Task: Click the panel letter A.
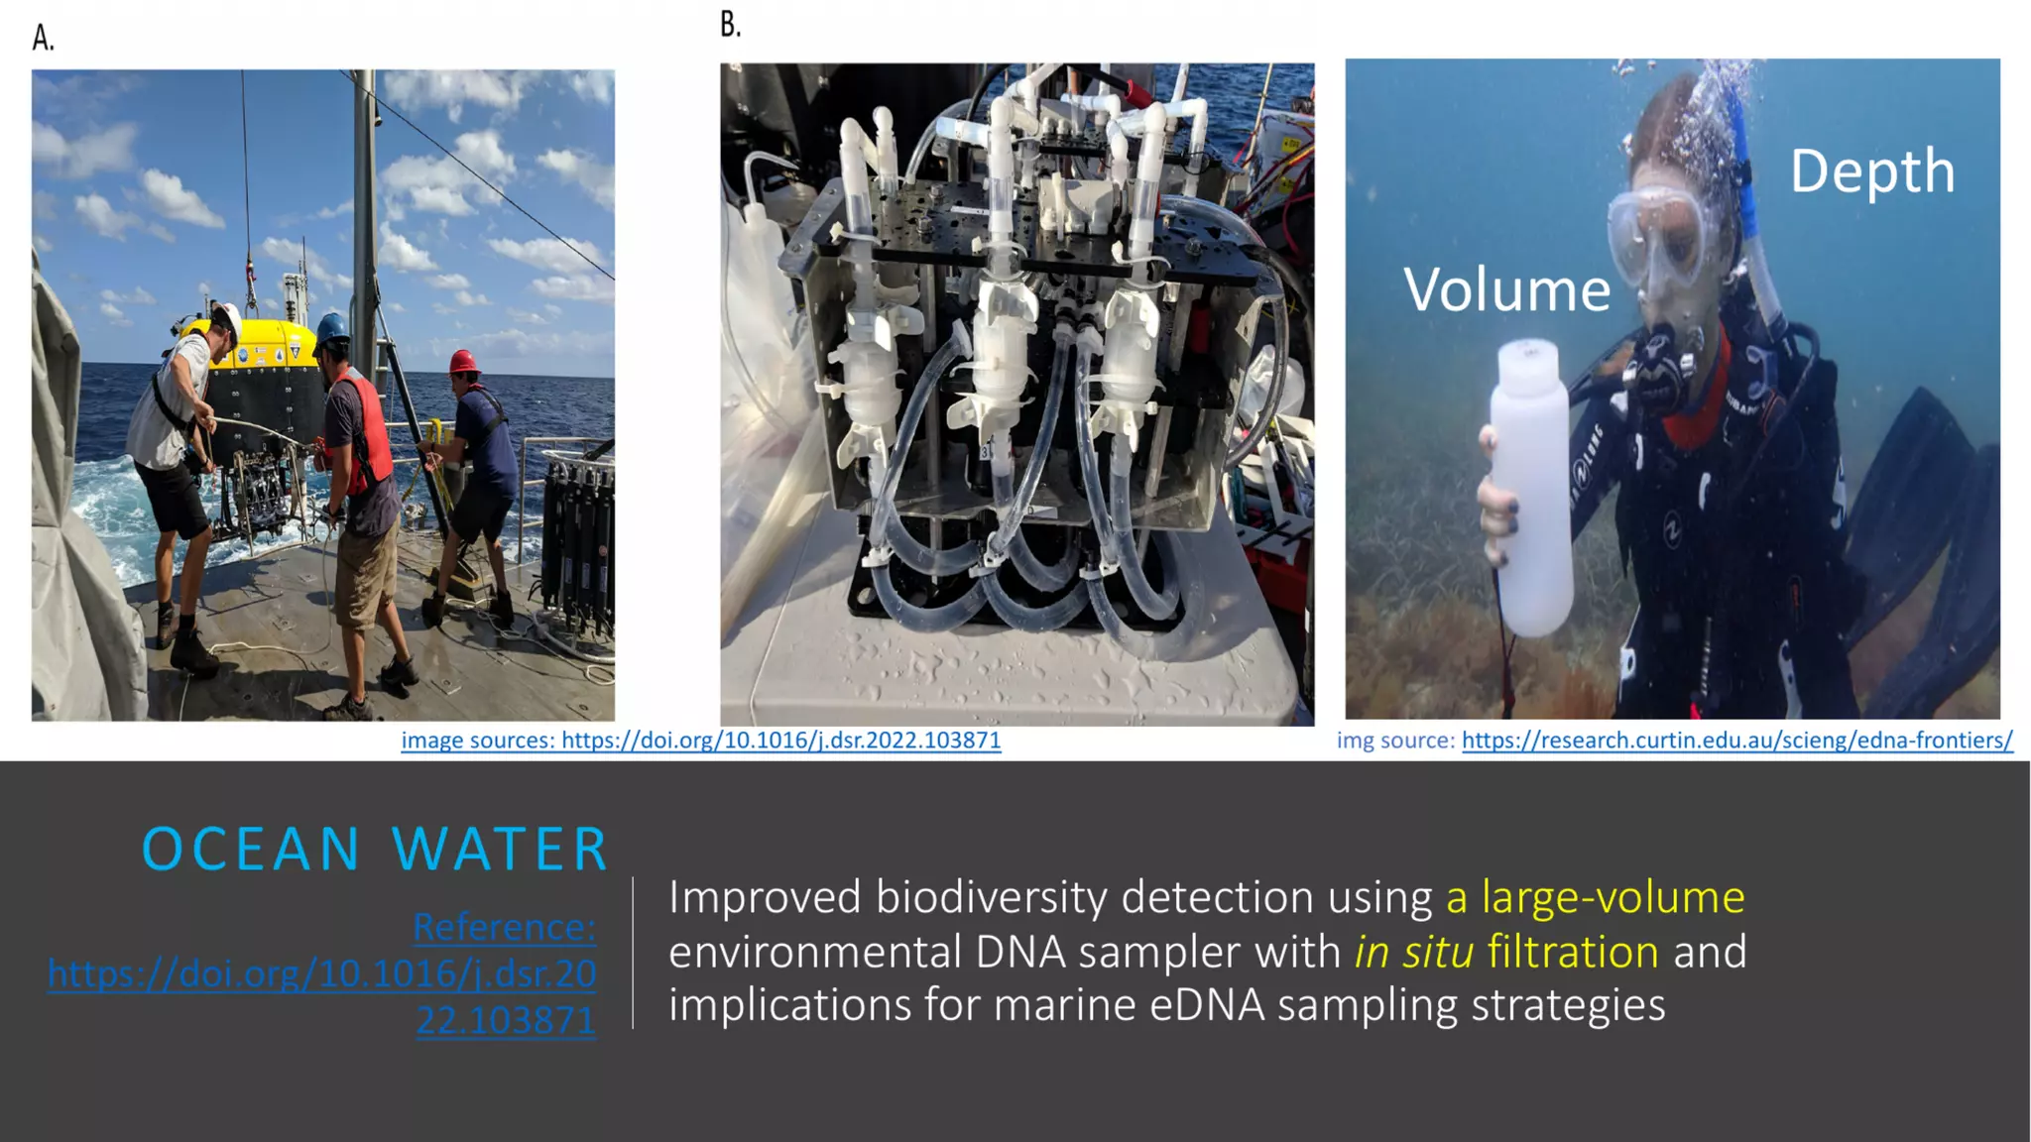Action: pos(43,38)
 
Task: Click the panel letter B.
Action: pos(730,25)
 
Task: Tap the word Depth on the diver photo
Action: pos(1871,171)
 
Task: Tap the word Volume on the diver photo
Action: pos(1506,290)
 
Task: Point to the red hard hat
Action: pos(463,362)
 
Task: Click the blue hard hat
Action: pos(332,326)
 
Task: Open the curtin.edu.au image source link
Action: pos(1736,741)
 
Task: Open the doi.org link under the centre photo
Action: pos(780,741)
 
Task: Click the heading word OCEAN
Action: pos(251,850)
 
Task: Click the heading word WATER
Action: pos(500,850)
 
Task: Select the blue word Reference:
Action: pos(504,927)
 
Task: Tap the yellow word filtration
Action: pos(1573,952)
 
